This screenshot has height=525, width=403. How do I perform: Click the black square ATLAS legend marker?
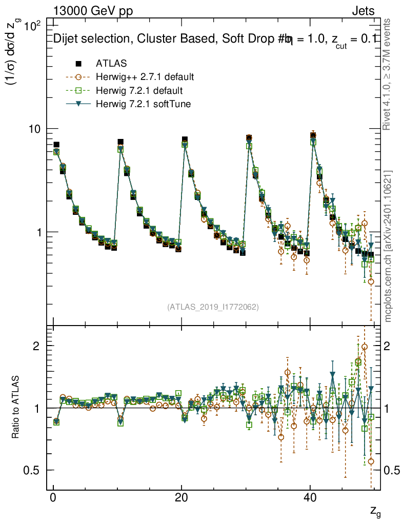click(78, 64)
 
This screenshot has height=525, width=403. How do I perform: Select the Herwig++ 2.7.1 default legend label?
click(145, 77)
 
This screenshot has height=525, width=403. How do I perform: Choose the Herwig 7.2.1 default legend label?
click(139, 91)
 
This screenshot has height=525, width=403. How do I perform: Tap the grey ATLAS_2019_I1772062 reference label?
click(213, 307)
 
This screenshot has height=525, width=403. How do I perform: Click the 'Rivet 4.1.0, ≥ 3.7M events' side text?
click(388, 74)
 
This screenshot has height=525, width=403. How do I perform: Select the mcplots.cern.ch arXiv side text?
click(388, 246)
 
